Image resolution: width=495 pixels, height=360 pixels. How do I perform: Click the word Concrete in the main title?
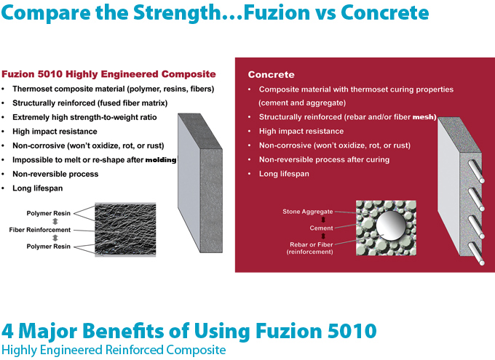(x=384, y=12)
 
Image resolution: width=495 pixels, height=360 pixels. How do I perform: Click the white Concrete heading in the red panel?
(x=272, y=75)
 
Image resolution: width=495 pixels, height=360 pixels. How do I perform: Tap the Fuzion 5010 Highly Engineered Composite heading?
(x=108, y=74)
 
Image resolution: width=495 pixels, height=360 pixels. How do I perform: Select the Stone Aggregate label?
(x=308, y=212)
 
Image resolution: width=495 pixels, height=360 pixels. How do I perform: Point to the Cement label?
(x=321, y=228)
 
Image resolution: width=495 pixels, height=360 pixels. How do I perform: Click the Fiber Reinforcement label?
(x=40, y=230)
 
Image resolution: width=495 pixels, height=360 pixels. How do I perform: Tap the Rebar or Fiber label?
(x=312, y=244)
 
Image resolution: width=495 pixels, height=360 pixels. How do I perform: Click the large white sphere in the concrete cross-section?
(x=391, y=225)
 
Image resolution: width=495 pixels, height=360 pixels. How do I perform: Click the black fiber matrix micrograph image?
(x=125, y=229)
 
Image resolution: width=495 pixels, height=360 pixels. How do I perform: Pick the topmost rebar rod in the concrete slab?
(x=476, y=171)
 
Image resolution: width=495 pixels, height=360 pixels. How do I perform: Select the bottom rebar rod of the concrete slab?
(x=476, y=254)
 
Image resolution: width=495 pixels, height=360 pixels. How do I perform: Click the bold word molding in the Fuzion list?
(x=161, y=160)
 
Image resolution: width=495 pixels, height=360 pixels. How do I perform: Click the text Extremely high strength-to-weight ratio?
(x=84, y=117)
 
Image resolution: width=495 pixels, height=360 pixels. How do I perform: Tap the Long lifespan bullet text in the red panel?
(x=284, y=174)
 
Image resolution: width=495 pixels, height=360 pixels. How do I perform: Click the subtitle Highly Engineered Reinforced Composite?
(x=114, y=350)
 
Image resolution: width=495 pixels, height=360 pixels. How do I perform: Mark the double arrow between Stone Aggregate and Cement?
(x=323, y=220)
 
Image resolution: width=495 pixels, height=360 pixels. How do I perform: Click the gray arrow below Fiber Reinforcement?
(x=55, y=238)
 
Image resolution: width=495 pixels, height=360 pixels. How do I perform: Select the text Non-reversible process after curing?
(x=324, y=160)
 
